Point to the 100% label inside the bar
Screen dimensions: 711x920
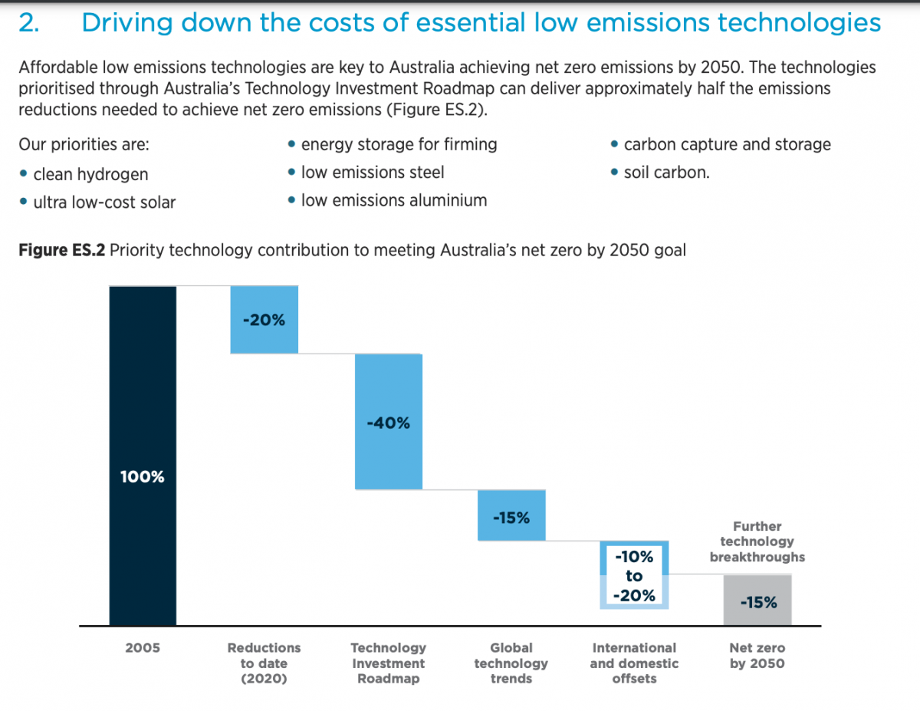(143, 477)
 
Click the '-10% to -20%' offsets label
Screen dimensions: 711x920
(634, 575)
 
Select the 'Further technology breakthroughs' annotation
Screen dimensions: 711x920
(757, 541)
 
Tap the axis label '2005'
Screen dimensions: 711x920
(143, 648)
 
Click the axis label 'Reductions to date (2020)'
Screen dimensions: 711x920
(264, 663)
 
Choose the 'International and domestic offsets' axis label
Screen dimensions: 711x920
(634, 663)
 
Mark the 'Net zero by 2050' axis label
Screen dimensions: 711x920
(757, 656)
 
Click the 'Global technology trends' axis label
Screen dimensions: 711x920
(511, 663)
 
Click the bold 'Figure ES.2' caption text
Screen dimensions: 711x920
(61, 250)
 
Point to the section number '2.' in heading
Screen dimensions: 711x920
(28, 23)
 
